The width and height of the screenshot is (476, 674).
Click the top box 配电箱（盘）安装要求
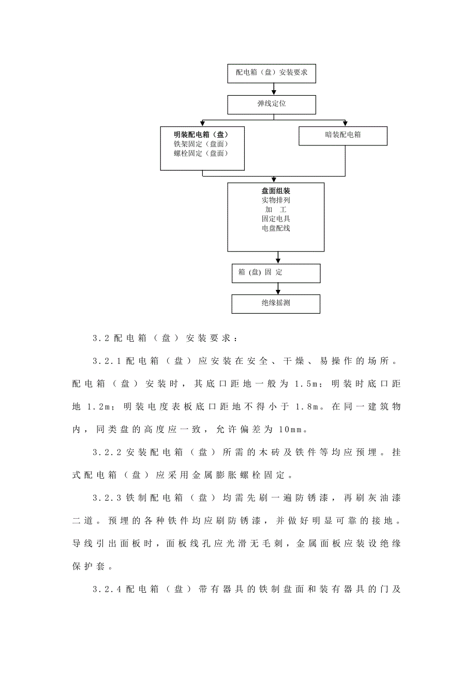272,72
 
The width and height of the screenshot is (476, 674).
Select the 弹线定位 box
272,104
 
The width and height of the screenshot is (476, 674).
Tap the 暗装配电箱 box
343,135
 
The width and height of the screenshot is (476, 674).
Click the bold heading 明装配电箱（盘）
202,135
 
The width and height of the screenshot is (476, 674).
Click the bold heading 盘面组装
276,191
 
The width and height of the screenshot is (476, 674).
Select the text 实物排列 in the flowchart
276,200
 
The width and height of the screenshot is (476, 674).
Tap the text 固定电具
276,219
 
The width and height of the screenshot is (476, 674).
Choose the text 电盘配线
276,228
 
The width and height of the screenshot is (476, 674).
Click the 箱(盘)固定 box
276,273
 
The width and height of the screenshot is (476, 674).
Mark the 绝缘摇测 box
276,303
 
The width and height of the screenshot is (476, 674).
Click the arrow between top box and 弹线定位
274,89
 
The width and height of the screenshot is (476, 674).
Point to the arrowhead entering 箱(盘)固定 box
278,260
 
